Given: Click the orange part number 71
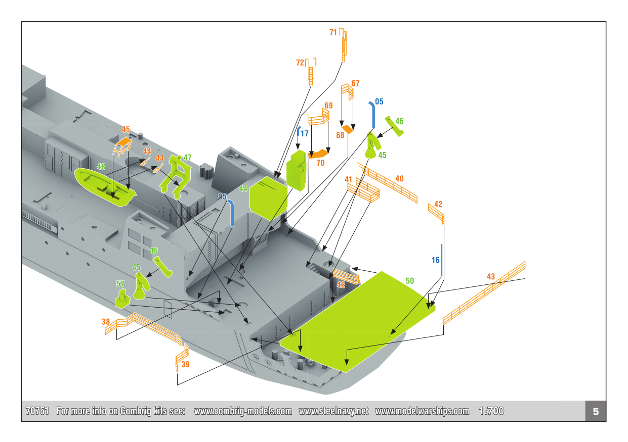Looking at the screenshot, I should click(x=333, y=32).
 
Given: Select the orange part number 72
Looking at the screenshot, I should click(x=300, y=63).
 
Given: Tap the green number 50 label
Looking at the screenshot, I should click(x=409, y=281).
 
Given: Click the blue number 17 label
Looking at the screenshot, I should click(x=304, y=134).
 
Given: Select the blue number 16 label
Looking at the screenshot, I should click(x=436, y=260).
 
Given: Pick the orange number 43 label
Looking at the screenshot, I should click(x=490, y=277).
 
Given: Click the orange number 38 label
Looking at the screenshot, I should click(x=105, y=321).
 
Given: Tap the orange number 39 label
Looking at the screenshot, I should click(x=185, y=364).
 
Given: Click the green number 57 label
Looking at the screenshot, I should click(x=120, y=284).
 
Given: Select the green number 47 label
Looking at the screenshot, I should click(x=187, y=158).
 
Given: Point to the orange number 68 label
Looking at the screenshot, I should click(x=341, y=135).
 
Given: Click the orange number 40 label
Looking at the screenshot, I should click(x=399, y=179).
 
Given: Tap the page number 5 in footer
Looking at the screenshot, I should click(x=596, y=411).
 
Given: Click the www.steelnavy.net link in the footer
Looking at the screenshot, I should click(x=333, y=411).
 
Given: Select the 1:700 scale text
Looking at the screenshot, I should click(x=491, y=411).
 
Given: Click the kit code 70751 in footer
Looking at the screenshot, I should click(x=37, y=411).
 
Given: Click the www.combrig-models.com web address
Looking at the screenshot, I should click(x=243, y=411).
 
